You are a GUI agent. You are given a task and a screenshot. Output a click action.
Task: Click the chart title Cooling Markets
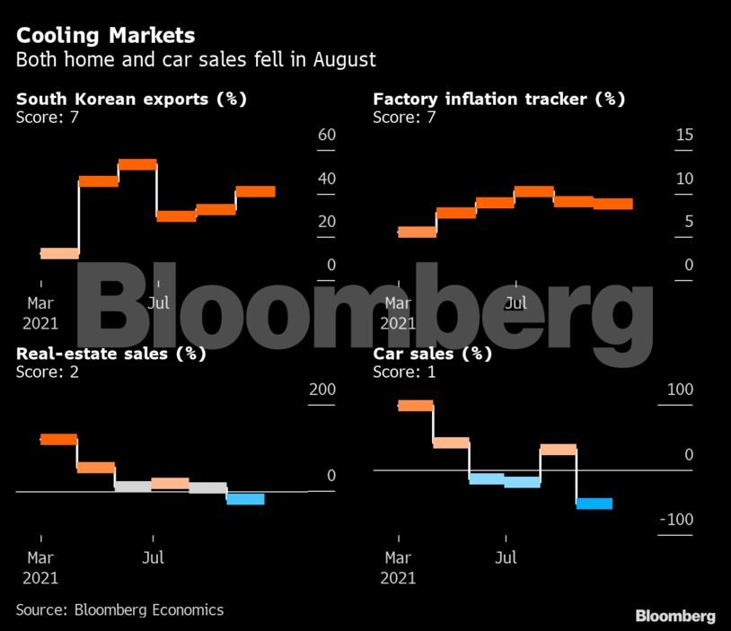pos(105,36)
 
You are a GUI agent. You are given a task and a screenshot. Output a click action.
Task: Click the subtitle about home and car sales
pos(196,60)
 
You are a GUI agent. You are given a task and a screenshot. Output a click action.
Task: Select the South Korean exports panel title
pos(131,99)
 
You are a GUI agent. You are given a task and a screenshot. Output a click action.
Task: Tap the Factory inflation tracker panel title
pos(498,99)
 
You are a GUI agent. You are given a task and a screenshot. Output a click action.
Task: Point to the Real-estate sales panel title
pos(111,354)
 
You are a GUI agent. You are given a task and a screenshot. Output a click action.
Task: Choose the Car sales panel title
pos(432,354)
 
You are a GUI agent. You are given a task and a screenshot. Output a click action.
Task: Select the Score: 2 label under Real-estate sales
pos(48,372)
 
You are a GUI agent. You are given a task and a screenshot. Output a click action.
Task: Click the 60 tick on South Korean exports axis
pos(325,135)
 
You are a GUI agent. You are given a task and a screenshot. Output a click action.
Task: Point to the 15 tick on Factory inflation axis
pos(684,135)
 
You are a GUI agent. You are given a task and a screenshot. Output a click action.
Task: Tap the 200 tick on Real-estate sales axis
pos(322,390)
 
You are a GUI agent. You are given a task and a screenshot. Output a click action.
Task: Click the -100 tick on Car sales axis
pos(676,520)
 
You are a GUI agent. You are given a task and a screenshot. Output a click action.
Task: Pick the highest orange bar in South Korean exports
pos(137,164)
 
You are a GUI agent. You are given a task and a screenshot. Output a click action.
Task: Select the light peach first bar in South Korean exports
pos(59,253)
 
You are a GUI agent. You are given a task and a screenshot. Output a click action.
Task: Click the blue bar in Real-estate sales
pos(245,499)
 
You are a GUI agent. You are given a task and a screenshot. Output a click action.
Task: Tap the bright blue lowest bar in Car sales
pos(594,504)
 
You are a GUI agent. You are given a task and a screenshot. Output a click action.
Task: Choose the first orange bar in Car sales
pos(415,406)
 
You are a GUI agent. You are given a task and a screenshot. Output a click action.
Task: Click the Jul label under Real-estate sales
pos(154,557)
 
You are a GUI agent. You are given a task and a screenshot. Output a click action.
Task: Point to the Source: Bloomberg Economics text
pos(119,609)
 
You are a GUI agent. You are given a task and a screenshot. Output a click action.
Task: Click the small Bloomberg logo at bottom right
pos(675,616)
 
